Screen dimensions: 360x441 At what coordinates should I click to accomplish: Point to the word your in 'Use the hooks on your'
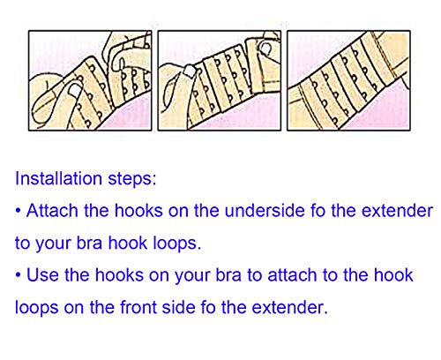[x=187, y=275]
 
